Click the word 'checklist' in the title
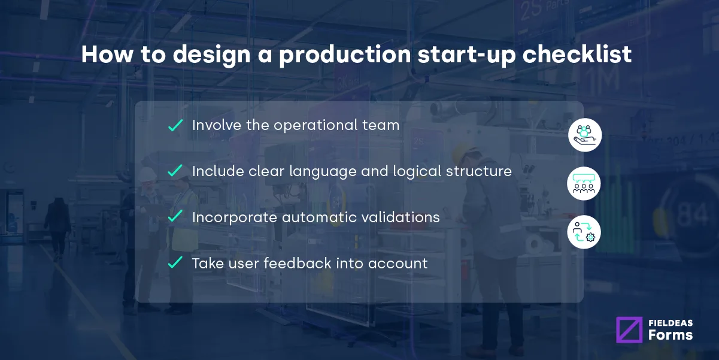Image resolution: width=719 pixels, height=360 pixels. coord(577,55)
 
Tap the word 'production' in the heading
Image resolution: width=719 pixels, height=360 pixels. coord(345,55)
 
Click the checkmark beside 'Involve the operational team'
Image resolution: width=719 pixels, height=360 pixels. coord(175,125)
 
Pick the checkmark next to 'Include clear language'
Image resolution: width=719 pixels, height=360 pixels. coord(175,171)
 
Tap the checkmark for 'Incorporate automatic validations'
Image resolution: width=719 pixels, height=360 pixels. coord(175,217)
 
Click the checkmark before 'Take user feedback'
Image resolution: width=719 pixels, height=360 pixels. coord(175,262)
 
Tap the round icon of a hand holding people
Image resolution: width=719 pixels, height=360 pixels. coord(584,135)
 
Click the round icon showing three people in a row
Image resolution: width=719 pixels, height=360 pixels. coord(584,183)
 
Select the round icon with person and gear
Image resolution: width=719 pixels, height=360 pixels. coord(584,232)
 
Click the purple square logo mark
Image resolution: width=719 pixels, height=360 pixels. coord(629,329)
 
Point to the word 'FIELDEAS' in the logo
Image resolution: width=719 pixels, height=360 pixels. coord(670,322)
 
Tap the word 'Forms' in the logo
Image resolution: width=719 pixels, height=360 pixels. coord(670,335)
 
